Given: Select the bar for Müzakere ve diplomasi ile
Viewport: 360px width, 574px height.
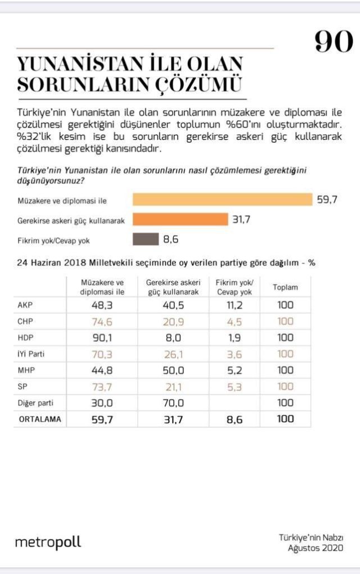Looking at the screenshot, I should pyautogui.click(x=222, y=200).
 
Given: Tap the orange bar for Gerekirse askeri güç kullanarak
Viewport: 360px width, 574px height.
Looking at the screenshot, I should pyautogui.click(x=179, y=219).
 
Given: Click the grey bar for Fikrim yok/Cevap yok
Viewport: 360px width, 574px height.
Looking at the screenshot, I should pyautogui.click(x=145, y=239).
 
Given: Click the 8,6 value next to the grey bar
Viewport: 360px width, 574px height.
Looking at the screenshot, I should pyautogui.click(x=170, y=239).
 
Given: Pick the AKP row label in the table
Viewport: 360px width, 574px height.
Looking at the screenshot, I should pyautogui.click(x=25, y=305).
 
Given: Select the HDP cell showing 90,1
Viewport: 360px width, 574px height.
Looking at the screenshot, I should pyautogui.click(x=102, y=337).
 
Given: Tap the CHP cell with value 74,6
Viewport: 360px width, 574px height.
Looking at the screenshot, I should pyautogui.click(x=102, y=321).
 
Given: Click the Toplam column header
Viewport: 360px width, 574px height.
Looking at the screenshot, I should pyautogui.click(x=285, y=287).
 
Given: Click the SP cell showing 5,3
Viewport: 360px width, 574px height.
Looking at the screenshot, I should pyautogui.click(x=235, y=386).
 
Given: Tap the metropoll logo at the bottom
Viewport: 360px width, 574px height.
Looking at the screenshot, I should pyautogui.click(x=48, y=543).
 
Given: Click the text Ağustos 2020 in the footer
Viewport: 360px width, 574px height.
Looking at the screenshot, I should pyautogui.click(x=316, y=548).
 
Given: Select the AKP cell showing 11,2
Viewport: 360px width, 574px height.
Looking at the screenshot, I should pyautogui.click(x=235, y=305).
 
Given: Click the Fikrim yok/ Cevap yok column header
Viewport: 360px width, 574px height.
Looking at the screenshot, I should pyautogui.click(x=235, y=287).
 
